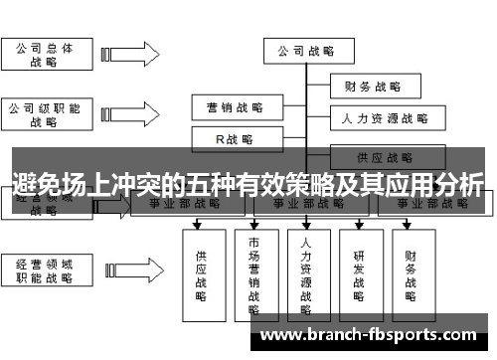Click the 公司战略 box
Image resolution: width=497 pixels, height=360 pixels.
point(305,51)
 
